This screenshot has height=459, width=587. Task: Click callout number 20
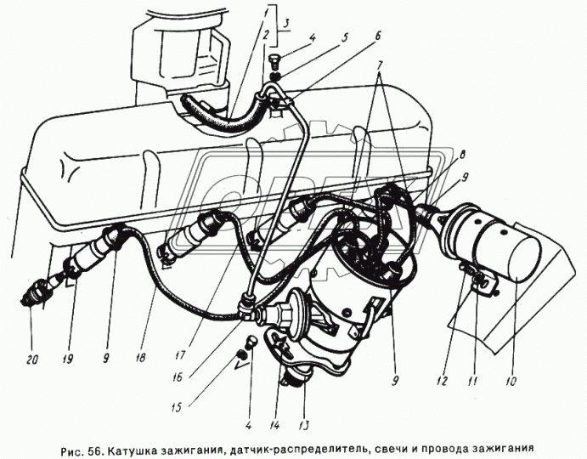click(x=33, y=360)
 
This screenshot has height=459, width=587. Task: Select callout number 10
click(x=511, y=380)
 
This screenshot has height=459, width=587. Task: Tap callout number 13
click(x=304, y=425)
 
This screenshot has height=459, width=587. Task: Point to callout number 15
click(x=177, y=407)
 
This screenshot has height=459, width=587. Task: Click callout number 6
click(x=377, y=36)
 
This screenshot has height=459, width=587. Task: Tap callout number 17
click(x=181, y=354)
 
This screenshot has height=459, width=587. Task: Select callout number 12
click(x=442, y=381)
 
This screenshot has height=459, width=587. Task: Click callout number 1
click(x=265, y=15)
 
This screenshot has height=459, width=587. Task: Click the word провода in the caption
click(x=447, y=450)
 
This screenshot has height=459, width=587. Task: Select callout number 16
click(x=177, y=377)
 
